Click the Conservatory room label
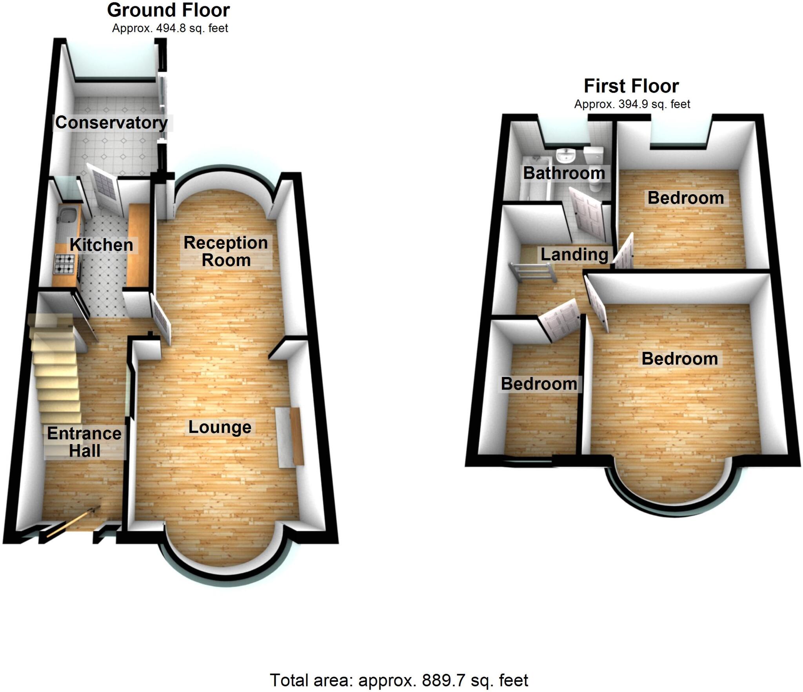[112, 123]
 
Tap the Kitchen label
[102, 245]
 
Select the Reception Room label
[226, 251]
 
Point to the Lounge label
[220, 427]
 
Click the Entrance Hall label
[84, 442]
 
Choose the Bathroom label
[564, 173]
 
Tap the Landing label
[574, 255]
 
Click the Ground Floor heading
[168, 10]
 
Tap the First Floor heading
[631, 86]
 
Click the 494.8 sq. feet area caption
[170, 28]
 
